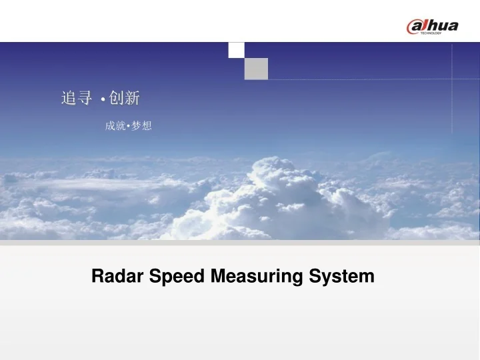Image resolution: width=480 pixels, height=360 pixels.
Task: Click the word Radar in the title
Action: tap(117, 276)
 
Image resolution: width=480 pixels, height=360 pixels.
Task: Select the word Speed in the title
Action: tap(177, 276)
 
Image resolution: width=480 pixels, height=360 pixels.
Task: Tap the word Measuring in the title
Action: tap(257, 277)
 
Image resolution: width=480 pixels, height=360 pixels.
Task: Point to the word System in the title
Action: tap(341, 277)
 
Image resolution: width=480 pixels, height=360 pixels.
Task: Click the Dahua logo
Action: tap(432, 27)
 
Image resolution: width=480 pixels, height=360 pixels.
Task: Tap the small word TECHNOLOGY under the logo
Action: tap(431, 33)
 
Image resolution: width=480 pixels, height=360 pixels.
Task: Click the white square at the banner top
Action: tap(236, 50)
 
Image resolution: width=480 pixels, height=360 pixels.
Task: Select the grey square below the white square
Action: tap(256, 69)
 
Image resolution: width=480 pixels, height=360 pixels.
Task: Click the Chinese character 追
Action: tap(68, 98)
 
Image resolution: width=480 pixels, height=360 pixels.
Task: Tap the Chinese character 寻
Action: tap(85, 98)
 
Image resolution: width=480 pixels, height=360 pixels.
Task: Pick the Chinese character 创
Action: tap(116, 98)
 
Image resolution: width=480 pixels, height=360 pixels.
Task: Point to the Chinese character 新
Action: tap(132, 98)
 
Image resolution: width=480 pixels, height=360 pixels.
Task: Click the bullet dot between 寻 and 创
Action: tap(103, 99)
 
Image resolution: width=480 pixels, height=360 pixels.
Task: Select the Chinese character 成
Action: tap(110, 125)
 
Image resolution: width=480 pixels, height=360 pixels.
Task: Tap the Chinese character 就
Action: tap(121, 125)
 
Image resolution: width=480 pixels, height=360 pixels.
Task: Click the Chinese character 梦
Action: tap(135, 125)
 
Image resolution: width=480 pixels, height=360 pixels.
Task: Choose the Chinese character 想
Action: tap(147, 125)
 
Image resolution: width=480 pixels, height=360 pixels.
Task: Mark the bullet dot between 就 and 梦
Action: tap(128, 126)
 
